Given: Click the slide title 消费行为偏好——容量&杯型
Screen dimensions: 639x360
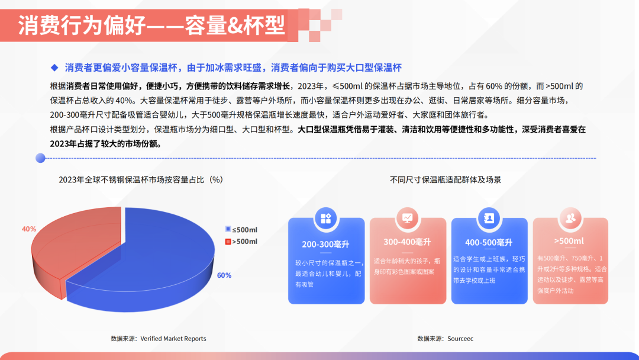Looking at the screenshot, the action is (151, 25).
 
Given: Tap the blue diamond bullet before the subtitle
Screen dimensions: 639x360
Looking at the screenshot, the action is (54, 67).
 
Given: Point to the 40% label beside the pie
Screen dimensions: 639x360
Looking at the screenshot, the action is (29, 229).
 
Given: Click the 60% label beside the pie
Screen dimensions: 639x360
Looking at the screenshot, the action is (224, 275).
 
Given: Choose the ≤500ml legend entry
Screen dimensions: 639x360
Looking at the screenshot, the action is (241, 230).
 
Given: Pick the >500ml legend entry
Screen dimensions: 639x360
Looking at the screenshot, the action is (241, 242).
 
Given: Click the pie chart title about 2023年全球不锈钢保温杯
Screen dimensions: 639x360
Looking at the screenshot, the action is (141, 180).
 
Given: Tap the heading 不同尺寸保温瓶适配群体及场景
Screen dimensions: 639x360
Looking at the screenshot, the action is (446, 180).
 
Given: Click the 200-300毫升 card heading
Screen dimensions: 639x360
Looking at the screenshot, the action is (325, 244).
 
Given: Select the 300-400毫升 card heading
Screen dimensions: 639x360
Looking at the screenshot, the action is (407, 242).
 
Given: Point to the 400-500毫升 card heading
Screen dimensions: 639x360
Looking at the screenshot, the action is (489, 243).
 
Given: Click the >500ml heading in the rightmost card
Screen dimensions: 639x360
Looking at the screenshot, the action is (569, 241).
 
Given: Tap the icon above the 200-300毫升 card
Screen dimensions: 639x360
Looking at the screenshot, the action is (325, 218).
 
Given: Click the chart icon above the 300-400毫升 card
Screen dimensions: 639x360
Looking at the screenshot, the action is (407, 218).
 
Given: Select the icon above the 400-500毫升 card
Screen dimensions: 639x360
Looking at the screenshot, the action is (489, 218).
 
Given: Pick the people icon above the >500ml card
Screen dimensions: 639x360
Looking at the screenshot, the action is (570, 218).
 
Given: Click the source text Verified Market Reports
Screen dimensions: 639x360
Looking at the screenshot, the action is (173, 339).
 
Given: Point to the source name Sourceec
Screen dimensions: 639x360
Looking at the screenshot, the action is (460, 339).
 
